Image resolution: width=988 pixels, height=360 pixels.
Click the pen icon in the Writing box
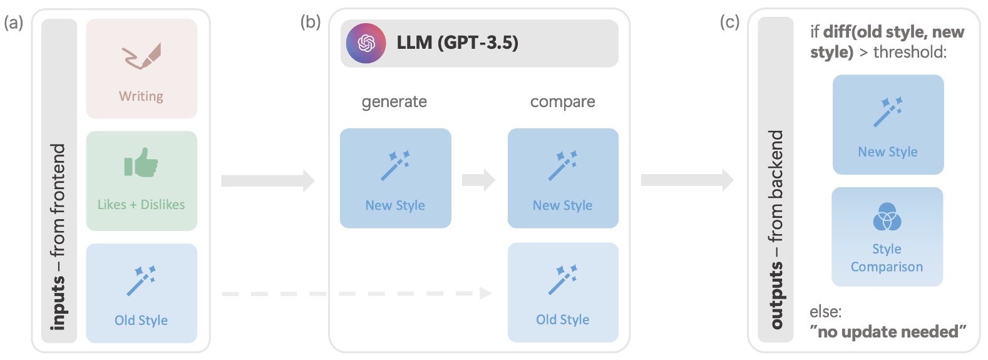click(x=142, y=56)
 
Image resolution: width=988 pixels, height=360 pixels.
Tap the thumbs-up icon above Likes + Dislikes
click(x=141, y=163)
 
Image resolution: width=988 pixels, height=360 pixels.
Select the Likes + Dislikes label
click(x=141, y=205)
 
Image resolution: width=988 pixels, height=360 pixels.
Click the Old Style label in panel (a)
click(x=141, y=320)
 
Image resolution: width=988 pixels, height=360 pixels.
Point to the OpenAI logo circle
click(x=366, y=43)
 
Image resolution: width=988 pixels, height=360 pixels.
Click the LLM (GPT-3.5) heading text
click(x=457, y=43)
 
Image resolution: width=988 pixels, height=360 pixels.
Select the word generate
click(x=394, y=102)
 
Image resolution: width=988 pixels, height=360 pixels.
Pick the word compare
click(x=562, y=102)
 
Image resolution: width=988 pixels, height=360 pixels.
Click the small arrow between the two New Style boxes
click(x=478, y=180)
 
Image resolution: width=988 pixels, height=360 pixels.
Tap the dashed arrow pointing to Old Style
click(x=357, y=293)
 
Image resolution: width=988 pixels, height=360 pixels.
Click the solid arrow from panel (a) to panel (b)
click(x=267, y=181)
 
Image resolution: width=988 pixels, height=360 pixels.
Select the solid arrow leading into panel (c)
click(x=687, y=180)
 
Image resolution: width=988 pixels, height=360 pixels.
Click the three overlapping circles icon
click(x=887, y=217)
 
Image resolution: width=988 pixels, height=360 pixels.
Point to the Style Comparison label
click(x=887, y=258)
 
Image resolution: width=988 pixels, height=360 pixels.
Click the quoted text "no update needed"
click(x=888, y=331)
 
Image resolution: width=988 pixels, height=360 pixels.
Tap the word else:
click(x=825, y=311)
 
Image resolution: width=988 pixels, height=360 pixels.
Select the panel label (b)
click(x=311, y=22)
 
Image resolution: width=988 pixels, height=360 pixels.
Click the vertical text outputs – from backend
click(x=776, y=229)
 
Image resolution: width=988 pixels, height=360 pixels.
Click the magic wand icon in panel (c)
click(x=888, y=112)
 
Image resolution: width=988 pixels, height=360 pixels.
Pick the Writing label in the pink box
click(x=141, y=96)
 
